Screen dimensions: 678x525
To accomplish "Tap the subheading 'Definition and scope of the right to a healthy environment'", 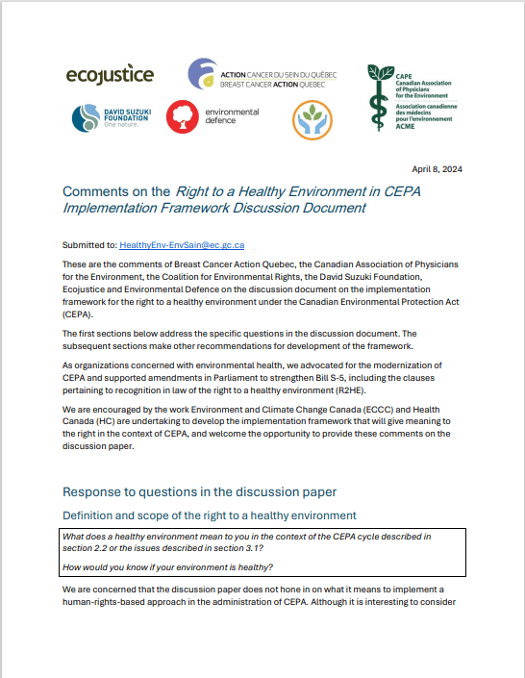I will [210, 515].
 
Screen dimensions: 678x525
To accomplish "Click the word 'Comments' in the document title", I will [97, 191].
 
